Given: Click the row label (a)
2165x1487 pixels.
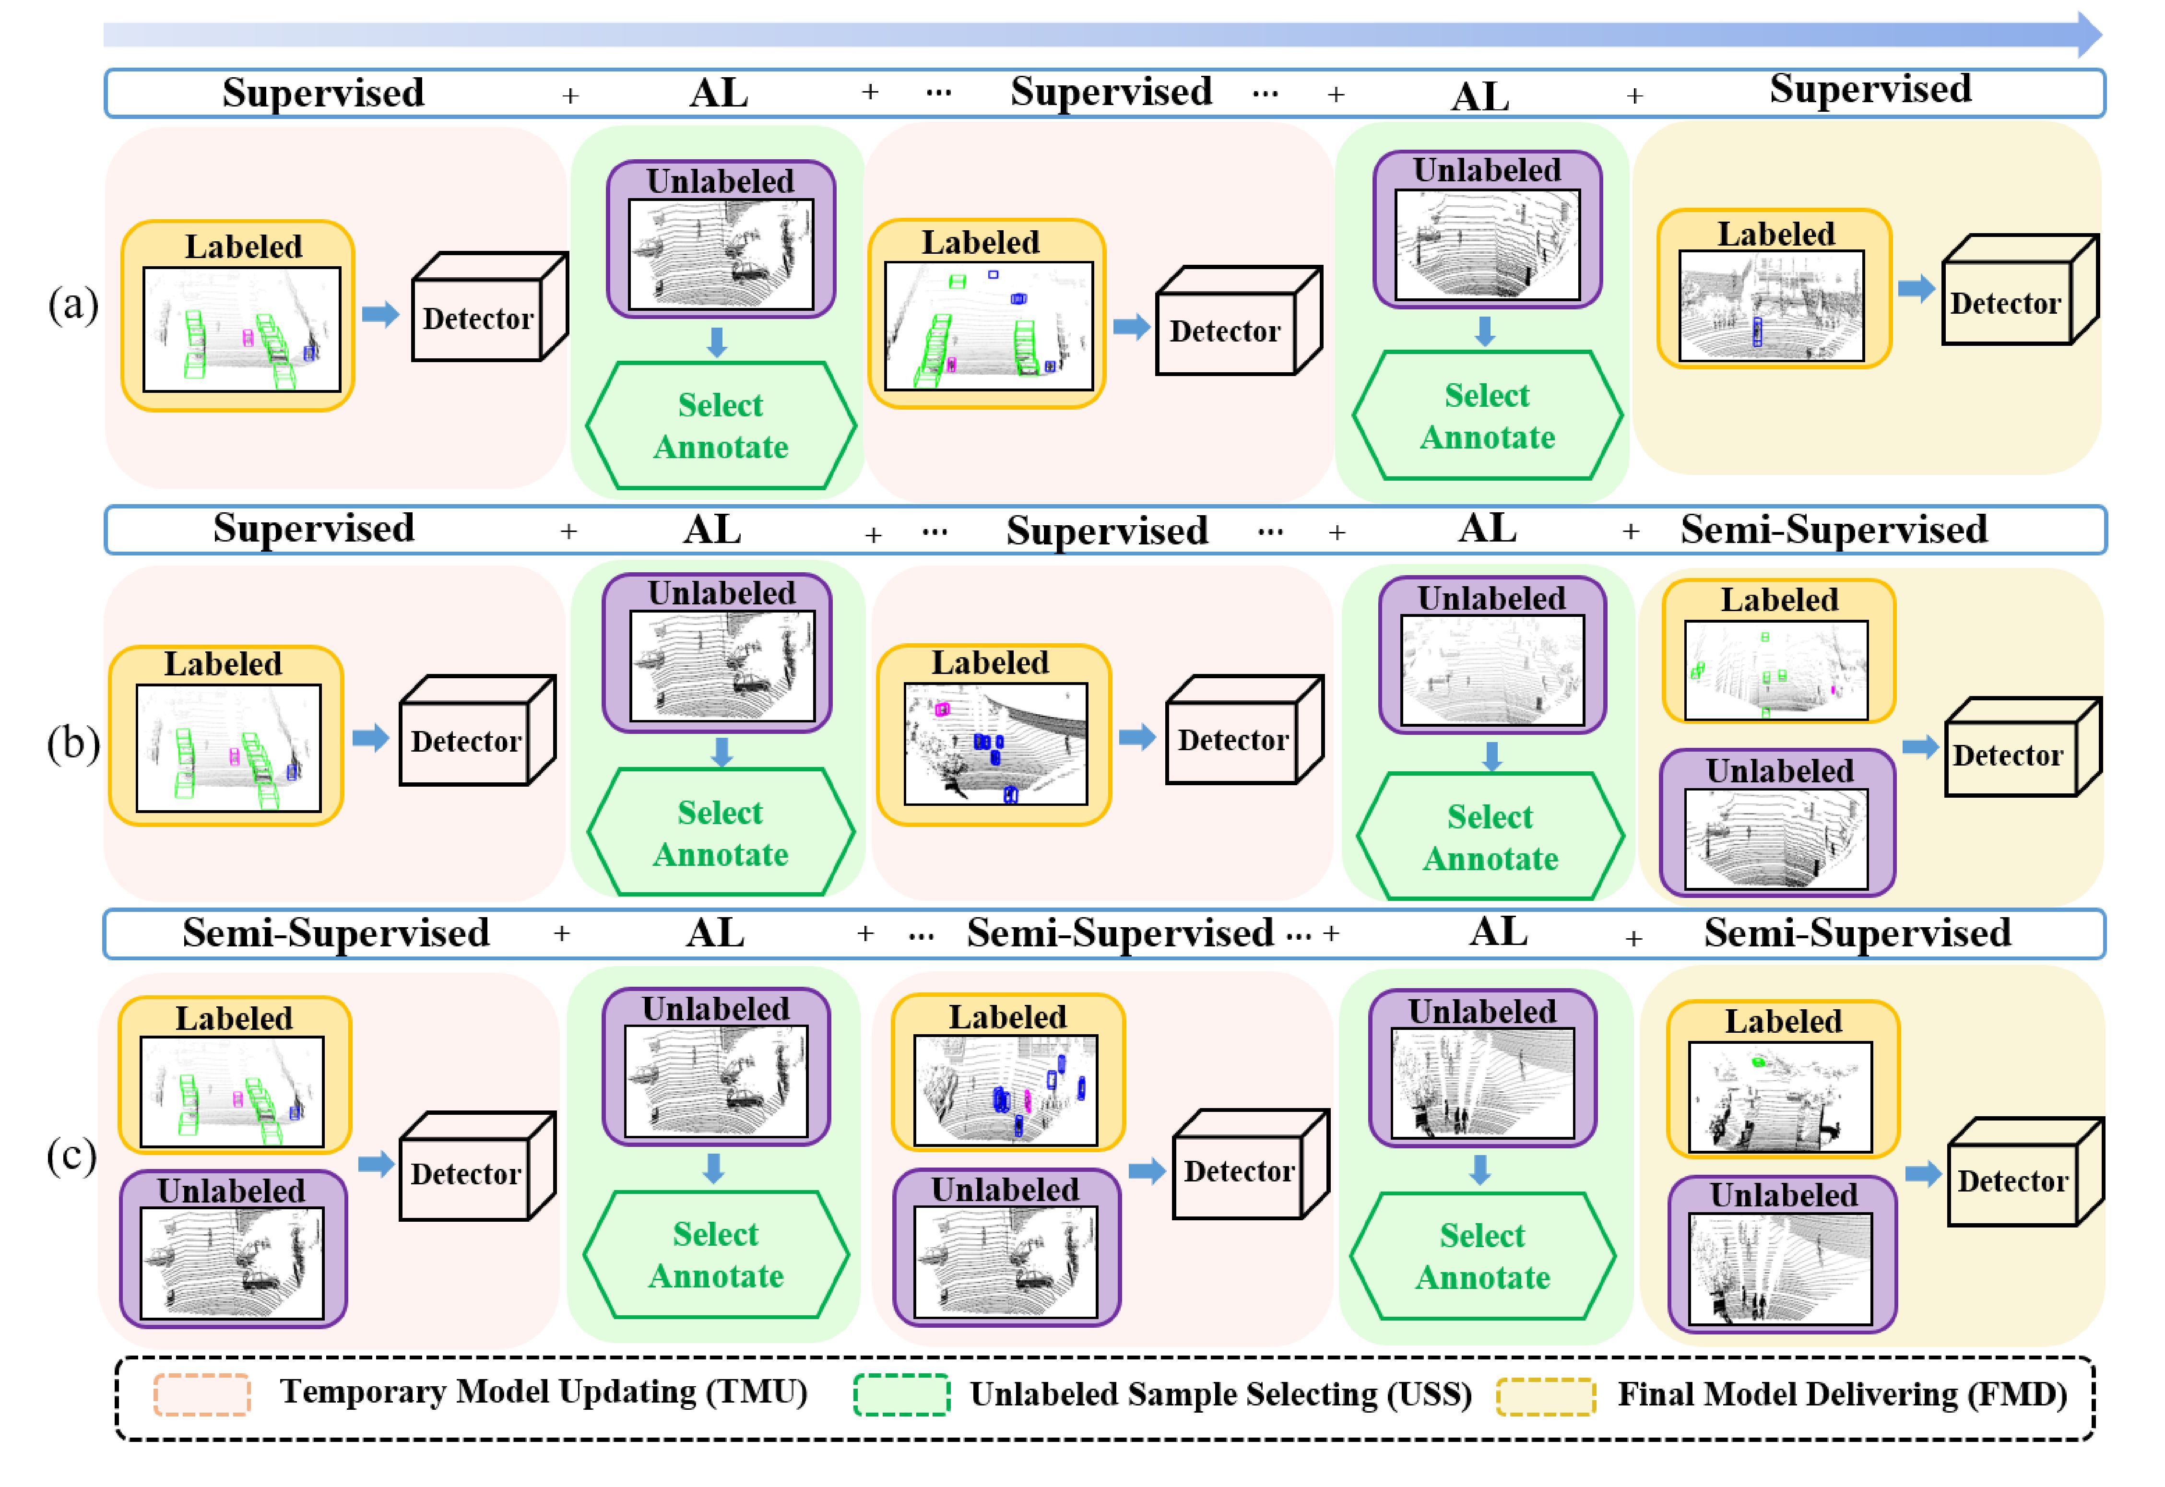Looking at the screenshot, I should pyautogui.click(x=72, y=305).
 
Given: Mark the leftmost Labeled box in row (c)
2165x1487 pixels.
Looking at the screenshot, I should pyautogui.click(x=234, y=1075).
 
